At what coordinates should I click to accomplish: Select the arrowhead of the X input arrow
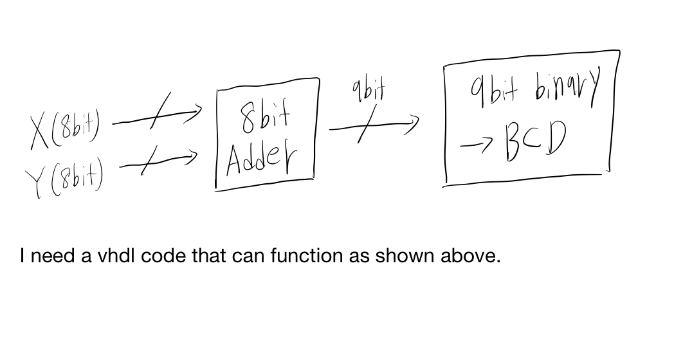point(194,115)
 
